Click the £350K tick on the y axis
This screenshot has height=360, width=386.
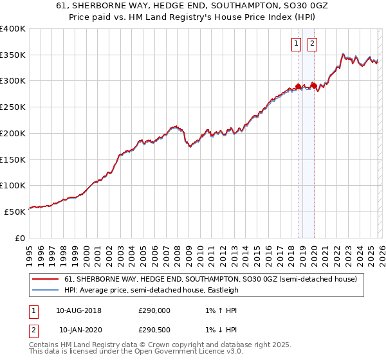(13, 55)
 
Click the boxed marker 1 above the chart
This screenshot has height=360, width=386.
(296, 44)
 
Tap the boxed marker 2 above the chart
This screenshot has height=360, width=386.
(312, 44)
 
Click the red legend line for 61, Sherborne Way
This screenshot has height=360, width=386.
(46, 279)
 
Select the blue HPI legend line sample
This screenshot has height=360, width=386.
(46, 290)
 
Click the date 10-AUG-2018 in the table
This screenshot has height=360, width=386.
(78, 310)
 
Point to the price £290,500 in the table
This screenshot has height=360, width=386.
(154, 330)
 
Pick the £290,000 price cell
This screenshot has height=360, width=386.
(154, 310)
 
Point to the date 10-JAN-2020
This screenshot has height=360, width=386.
(78, 330)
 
